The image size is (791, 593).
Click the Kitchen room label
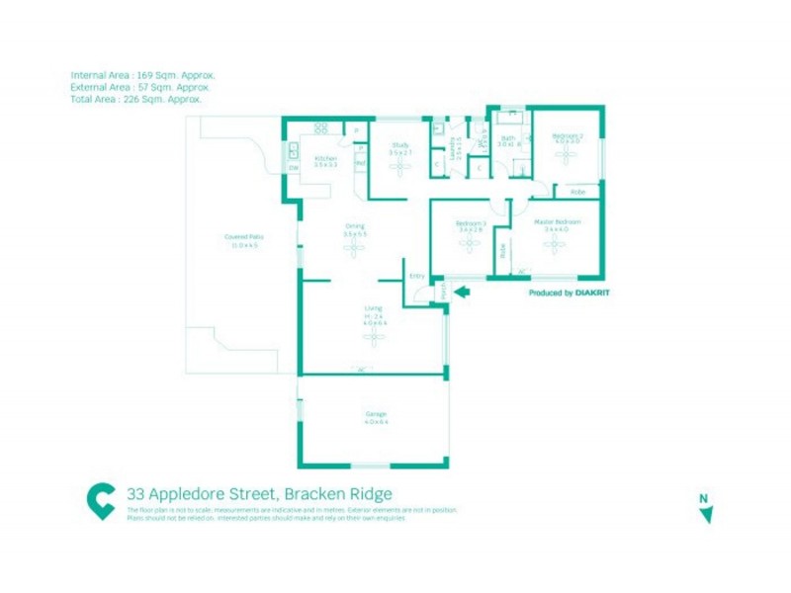326,158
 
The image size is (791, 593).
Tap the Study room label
399,146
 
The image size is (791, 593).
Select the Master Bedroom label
557,221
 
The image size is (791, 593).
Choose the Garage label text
375,413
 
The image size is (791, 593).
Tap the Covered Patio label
243,237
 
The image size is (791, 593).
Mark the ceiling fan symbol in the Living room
374,338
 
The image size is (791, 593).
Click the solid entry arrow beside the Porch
462,291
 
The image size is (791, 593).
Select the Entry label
416,275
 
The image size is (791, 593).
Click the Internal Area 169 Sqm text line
142,75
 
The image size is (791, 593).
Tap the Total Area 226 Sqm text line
136,99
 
